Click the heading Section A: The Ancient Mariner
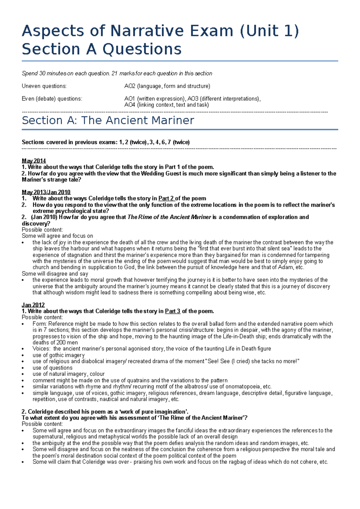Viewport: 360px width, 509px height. pos(108,120)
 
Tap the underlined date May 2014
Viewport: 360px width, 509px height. pos(34,161)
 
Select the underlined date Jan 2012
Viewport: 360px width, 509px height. pos(33,305)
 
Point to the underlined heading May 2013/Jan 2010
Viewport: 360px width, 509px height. pos(46,192)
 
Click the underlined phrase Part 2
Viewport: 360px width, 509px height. pos(166,198)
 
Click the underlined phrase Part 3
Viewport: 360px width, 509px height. pos(172,311)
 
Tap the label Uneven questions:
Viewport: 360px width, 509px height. pos(44,86)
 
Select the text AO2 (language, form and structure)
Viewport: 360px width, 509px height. pos(167,86)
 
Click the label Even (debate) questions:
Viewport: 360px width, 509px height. pos(52,99)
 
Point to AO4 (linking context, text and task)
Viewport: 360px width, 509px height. pos(166,105)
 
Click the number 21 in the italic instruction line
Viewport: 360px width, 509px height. pos(114,74)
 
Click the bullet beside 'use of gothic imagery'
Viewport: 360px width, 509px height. pos(23,355)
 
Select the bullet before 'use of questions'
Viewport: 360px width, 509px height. pos(23,368)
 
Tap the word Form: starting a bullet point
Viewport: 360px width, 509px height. pos(40,324)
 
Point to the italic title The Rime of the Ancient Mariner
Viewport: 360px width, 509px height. pos(169,217)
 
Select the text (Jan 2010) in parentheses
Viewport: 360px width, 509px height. pos(44,217)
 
